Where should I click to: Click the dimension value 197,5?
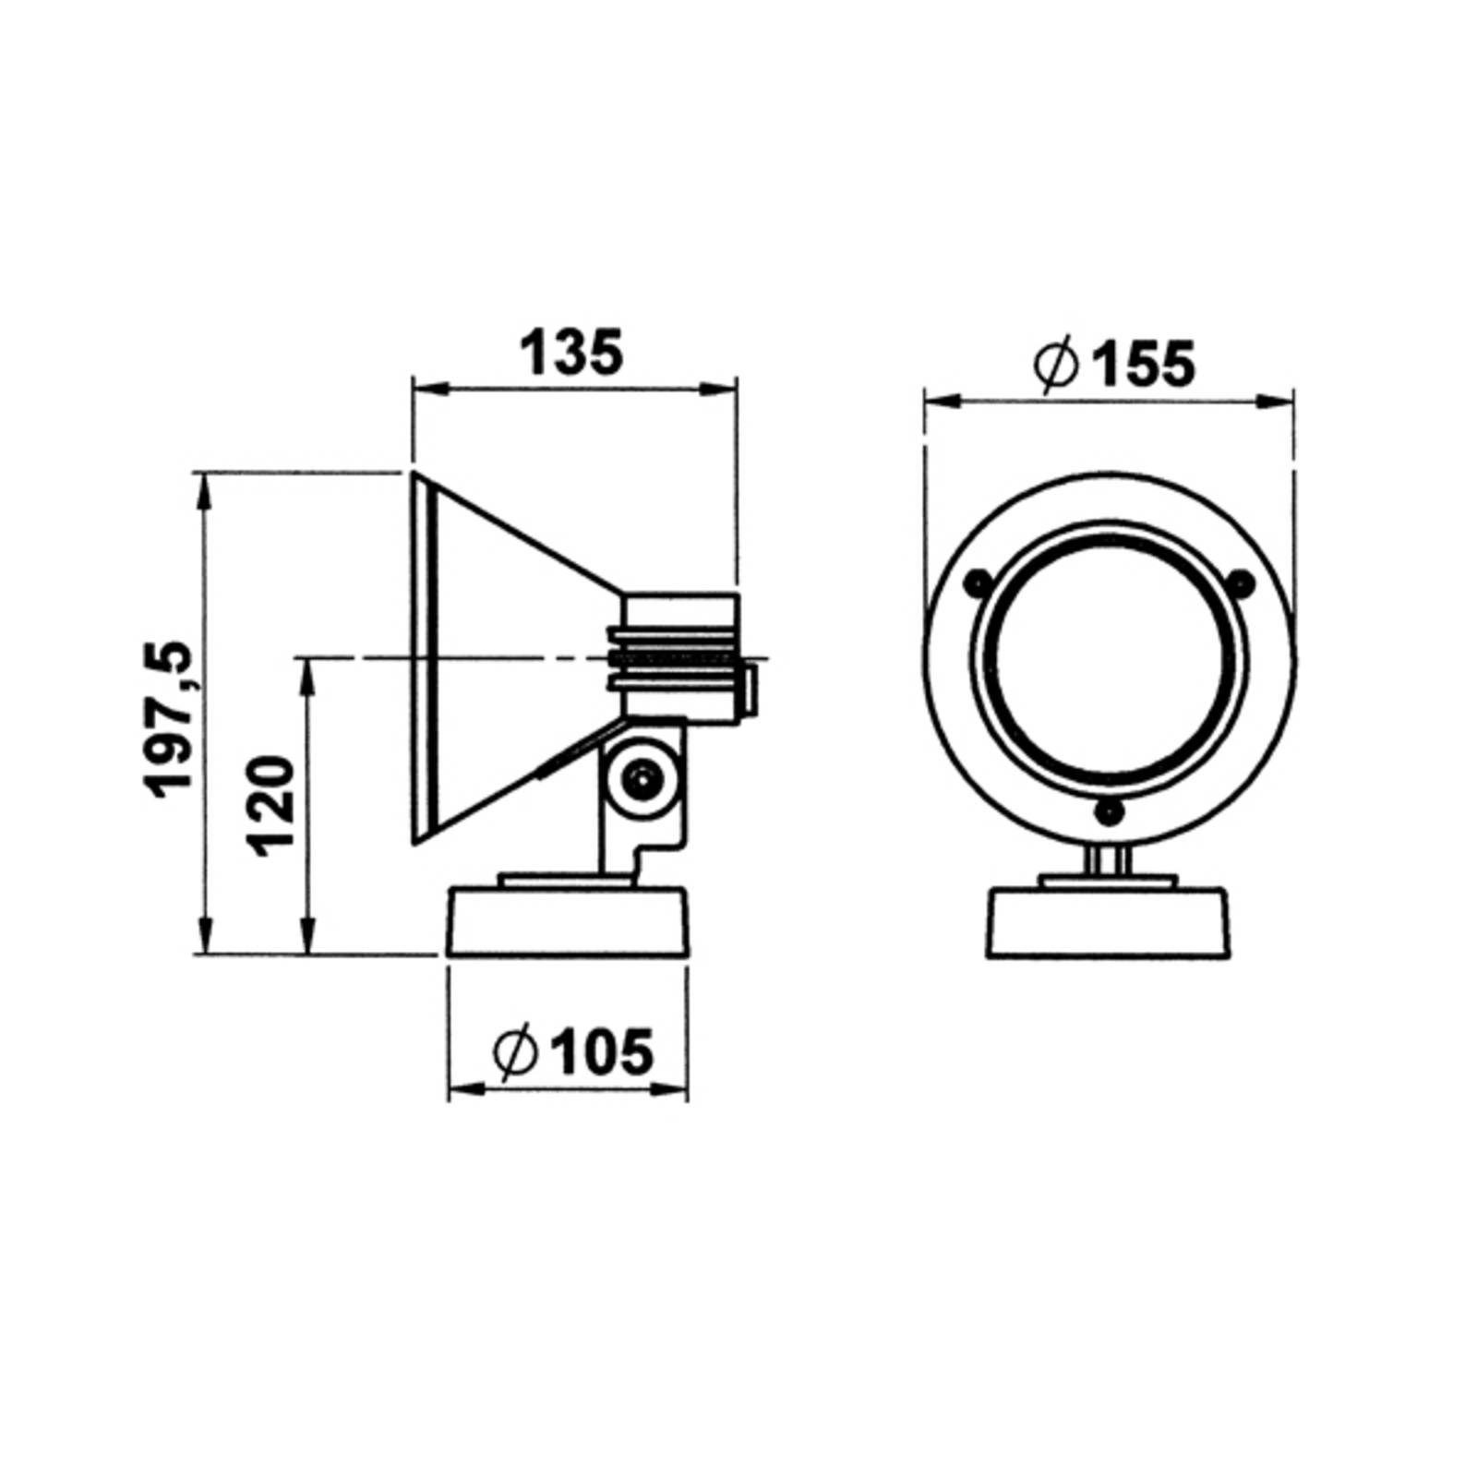171,717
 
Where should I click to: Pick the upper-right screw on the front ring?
1242,582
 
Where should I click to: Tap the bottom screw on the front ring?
1107,812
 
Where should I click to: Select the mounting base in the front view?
1109,923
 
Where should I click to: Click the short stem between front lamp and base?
1107,862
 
